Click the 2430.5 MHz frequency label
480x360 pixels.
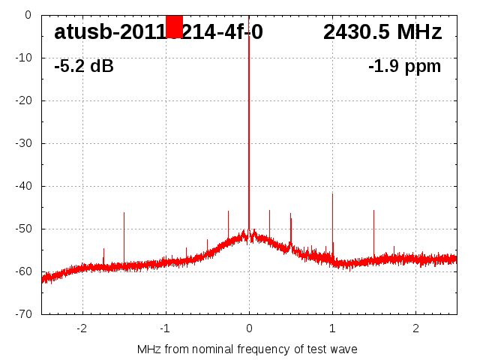click(382, 32)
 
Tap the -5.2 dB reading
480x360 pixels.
click(84, 67)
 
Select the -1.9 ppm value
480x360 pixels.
click(404, 67)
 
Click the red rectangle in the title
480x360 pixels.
click(174, 26)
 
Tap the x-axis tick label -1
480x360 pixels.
click(164, 328)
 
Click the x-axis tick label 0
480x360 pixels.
click(249, 328)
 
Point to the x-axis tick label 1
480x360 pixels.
click(332, 328)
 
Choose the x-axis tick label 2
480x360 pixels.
click(415, 328)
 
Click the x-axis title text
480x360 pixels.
click(247, 349)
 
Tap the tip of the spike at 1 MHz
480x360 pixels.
click(332, 194)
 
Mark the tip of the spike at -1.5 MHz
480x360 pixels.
click(124, 213)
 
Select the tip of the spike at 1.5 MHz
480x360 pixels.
click(373, 211)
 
